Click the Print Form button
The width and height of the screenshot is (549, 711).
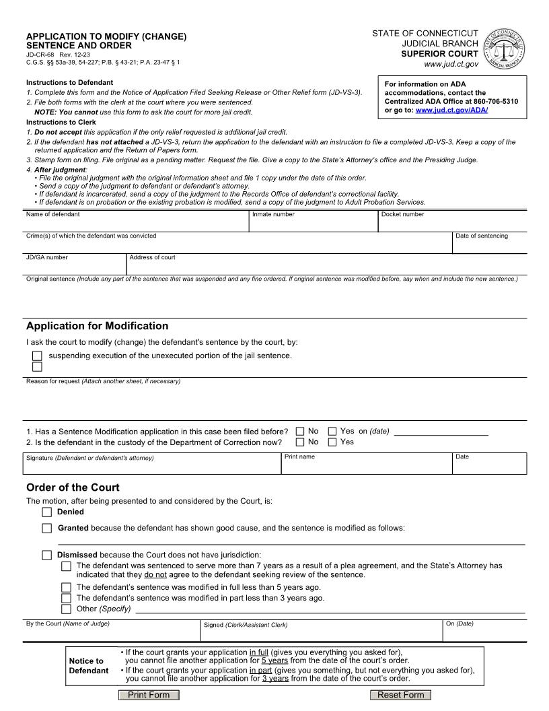click(x=149, y=695)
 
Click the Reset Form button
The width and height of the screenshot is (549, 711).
click(x=400, y=695)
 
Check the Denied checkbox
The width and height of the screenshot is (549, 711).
click(x=46, y=512)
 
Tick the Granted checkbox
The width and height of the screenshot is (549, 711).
click(x=46, y=528)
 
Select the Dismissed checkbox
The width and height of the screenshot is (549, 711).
click(x=46, y=555)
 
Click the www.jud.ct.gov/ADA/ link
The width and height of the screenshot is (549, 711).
click(x=451, y=110)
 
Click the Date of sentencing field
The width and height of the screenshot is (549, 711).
click(x=489, y=245)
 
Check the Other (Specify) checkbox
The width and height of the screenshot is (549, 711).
click(x=66, y=609)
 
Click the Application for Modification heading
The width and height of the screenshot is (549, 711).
click(x=97, y=326)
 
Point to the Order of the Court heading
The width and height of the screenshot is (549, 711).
click(x=73, y=487)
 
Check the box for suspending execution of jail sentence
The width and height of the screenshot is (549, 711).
click(x=37, y=356)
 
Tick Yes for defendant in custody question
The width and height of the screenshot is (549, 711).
click(x=332, y=442)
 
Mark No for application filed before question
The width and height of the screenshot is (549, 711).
click(x=300, y=431)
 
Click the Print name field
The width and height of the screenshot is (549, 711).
click(x=367, y=465)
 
